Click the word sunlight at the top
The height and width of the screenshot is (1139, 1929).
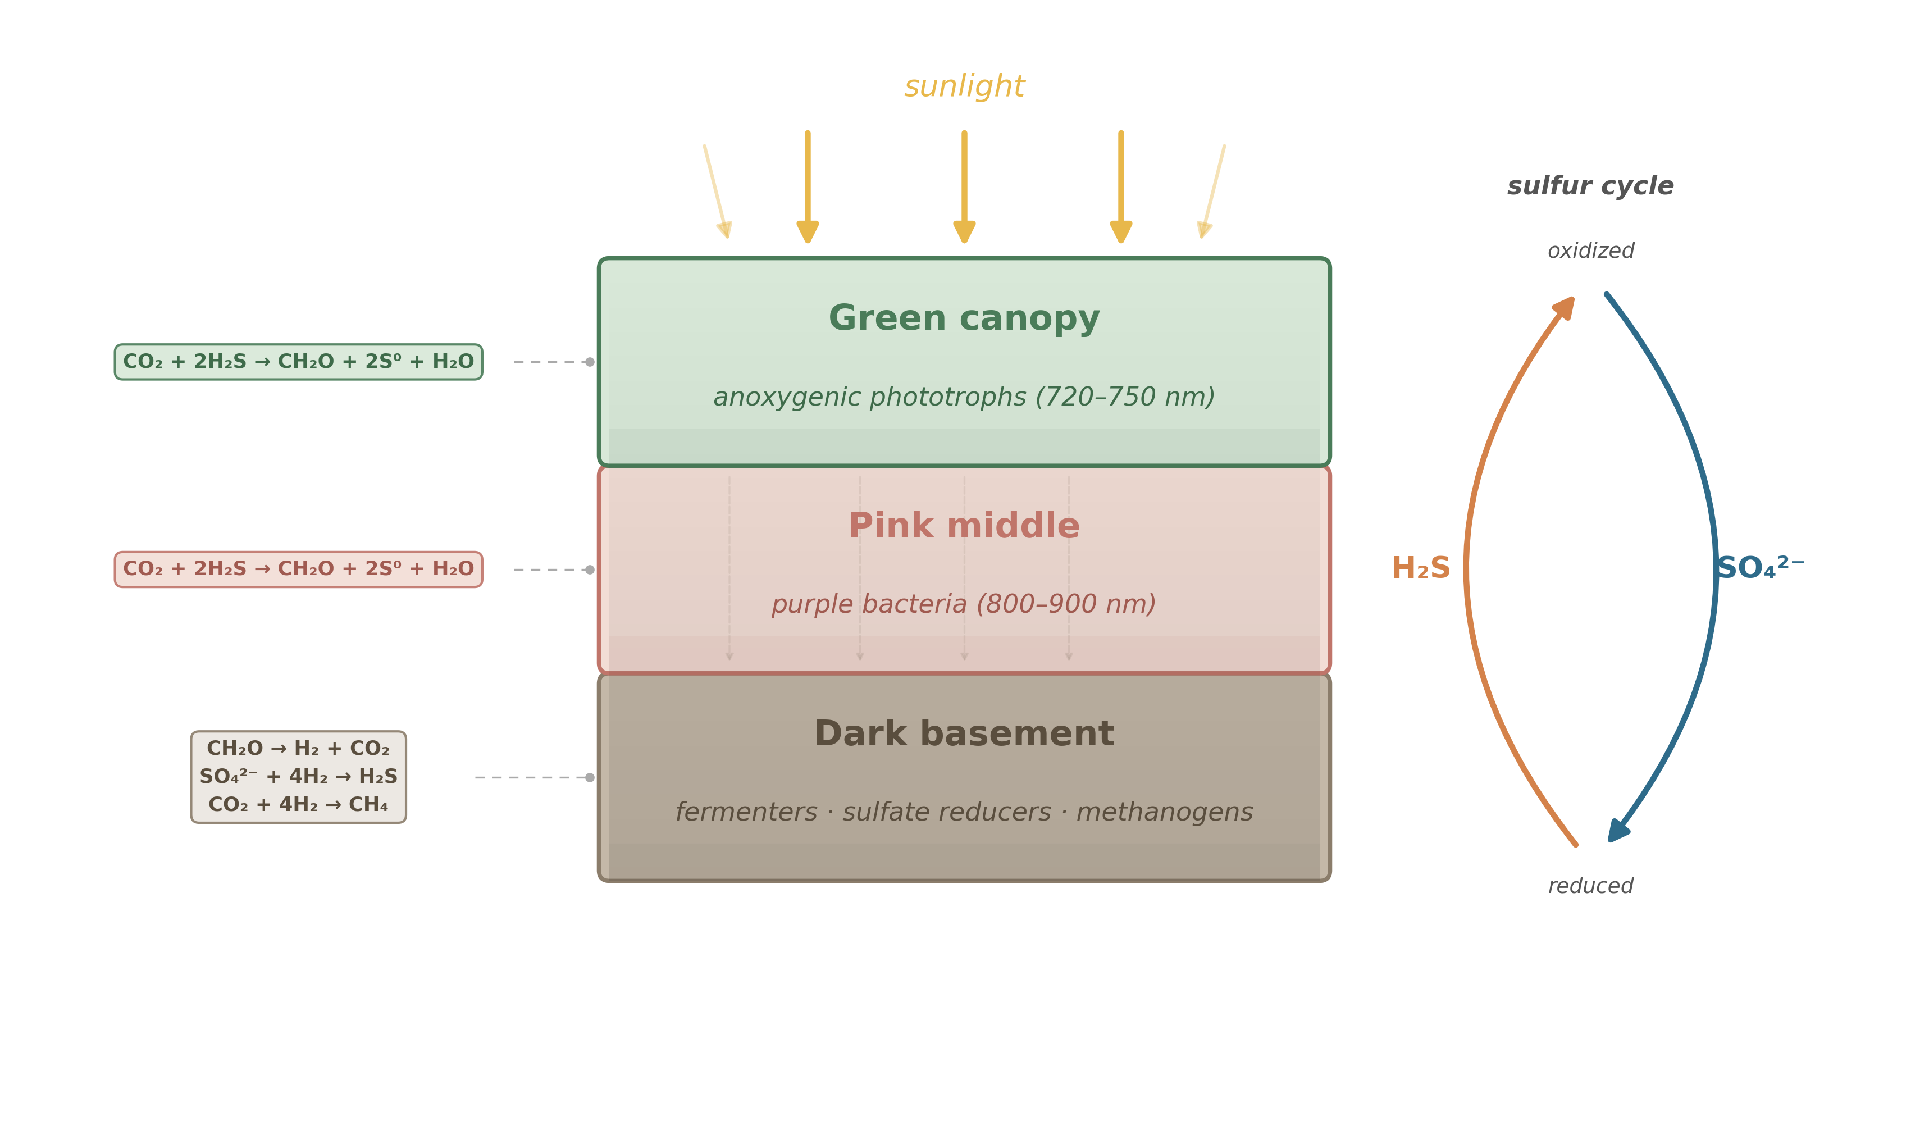[x=964, y=86]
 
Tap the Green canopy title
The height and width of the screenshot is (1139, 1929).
[x=964, y=318]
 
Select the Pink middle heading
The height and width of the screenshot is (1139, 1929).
[x=964, y=526]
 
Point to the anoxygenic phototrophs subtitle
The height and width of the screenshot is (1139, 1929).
[x=964, y=397]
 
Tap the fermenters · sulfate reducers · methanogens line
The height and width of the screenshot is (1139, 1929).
[x=964, y=812]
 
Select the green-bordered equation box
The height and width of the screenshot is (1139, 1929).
[x=299, y=362]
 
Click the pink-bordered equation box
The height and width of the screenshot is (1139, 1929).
[x=299, y=569]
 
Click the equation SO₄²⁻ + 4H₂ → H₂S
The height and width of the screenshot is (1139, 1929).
[x=299, y=776]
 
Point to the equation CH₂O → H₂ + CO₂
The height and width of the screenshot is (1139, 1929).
[x=299, y=748]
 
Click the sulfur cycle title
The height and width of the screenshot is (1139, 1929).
[x=1590, y=186]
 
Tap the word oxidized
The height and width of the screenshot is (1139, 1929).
[x=1590, y=251]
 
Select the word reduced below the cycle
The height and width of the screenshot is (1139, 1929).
[x=1590, y=886]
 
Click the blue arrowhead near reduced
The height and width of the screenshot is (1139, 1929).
[x=1617, y=831]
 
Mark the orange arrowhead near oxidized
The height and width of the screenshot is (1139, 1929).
[x=1565, y=308]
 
